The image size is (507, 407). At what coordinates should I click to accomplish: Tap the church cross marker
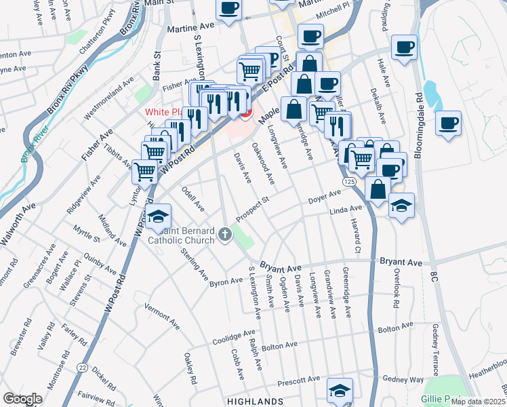(x=226, y=234)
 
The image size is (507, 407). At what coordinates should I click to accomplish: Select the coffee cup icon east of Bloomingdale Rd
(x=448, y=123)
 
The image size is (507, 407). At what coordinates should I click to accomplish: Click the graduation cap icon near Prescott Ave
(x=340, y=390)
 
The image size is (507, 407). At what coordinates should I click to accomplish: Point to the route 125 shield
(x=348, y=183)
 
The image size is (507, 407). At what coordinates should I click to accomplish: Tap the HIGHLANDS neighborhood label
(x=256, y=402)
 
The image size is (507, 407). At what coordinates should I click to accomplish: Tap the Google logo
(x=22, y=399)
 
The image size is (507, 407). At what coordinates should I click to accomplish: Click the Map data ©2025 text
(x=477, y=402)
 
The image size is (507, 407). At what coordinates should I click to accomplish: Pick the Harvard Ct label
(x=355, y=233)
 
